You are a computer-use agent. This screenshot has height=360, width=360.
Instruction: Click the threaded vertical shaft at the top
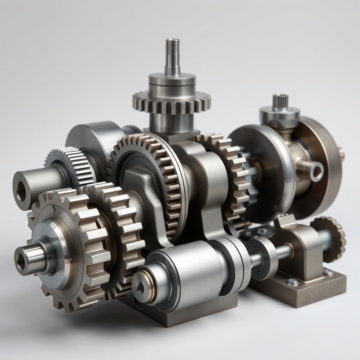tap(172, 56)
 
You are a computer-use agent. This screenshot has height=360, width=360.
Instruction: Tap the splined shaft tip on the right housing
tap(280, 101)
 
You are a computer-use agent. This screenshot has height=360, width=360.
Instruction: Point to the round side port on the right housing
tap(316, 171)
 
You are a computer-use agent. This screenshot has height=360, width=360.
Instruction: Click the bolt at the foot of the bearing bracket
tap(292, 281)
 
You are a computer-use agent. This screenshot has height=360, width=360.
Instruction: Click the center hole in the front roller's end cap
tap(141, 288)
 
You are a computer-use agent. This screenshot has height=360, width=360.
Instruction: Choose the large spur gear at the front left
tap(70, 246)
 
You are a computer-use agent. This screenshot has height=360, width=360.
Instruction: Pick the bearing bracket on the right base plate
tap(299, 246)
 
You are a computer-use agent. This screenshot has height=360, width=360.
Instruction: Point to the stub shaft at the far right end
tap(341, 154)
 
